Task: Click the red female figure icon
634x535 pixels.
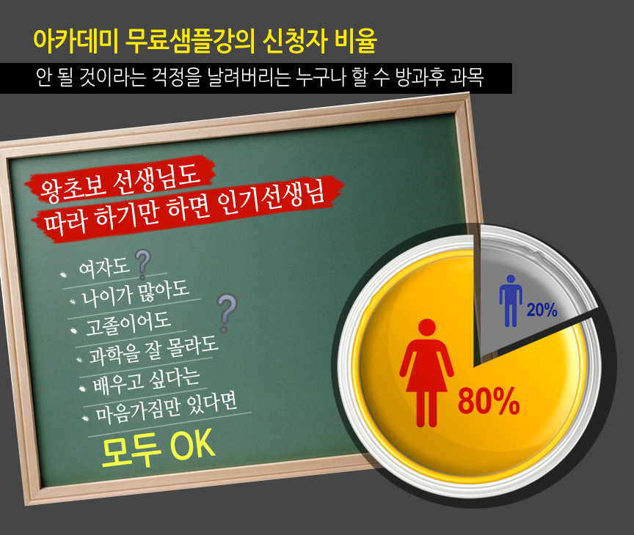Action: pos(426,372)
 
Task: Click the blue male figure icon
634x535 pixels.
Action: pos(511,300)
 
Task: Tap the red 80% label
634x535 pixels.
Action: pos(489,401)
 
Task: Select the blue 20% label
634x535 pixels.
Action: pos(542,310)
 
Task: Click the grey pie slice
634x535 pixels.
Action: pos(522,291)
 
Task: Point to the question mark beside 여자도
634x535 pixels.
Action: pos(142,264)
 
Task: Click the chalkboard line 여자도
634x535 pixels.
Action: pos(104,267)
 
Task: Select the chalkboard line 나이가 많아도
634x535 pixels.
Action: pos(136,294)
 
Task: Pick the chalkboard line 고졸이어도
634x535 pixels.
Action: pos(128,323)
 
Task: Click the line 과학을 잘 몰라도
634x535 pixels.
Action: pos(153,350)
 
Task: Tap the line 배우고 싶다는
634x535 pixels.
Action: pos(146,380)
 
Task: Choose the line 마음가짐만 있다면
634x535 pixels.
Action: pos(166,408)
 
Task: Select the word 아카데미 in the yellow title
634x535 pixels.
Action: pos(76,41)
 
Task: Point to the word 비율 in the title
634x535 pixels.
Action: pos(356,41)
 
